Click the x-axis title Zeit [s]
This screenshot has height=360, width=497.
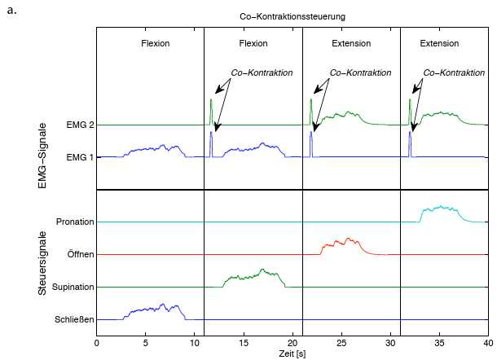(292, 355)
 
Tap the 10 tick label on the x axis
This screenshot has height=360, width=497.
(195, 343)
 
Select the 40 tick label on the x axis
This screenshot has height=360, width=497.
(488, 343)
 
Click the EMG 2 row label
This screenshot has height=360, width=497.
(79, 125)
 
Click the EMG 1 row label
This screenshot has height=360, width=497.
(79, 157)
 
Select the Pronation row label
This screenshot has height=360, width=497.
(76, 222)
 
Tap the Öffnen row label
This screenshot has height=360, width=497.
(79, 254)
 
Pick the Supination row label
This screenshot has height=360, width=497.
(73, 287)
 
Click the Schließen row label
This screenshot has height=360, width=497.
(74, 319)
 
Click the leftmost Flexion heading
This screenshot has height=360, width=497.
(155, 43)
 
